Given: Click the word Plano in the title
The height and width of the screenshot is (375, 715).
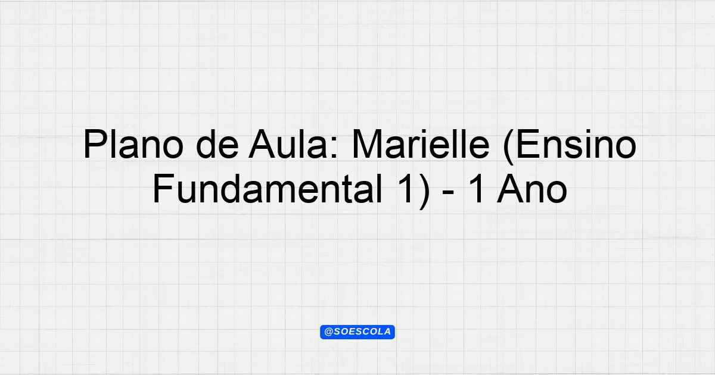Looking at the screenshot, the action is (x=133, y=144).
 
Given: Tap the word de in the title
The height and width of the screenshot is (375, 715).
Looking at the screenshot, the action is (x=217, y=144).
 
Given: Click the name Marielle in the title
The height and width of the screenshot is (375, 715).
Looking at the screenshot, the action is (x=421, y=144).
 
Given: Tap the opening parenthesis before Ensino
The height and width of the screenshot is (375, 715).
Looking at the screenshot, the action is (x=508, y=146).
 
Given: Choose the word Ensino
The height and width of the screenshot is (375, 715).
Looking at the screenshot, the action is (x=576, y=144).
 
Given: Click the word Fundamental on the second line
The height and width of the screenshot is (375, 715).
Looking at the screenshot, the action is (x=268, y=189).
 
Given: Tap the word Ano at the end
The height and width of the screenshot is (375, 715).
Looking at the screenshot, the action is (x=531, y=189).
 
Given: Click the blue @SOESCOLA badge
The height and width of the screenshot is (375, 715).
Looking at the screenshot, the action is (x=357, y=332).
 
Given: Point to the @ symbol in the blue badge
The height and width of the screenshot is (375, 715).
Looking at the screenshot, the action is (x=328, y=332).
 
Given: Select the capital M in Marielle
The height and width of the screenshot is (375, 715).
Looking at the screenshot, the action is (x=367, y=144).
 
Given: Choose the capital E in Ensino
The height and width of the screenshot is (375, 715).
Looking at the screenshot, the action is (x=527, y=144).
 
